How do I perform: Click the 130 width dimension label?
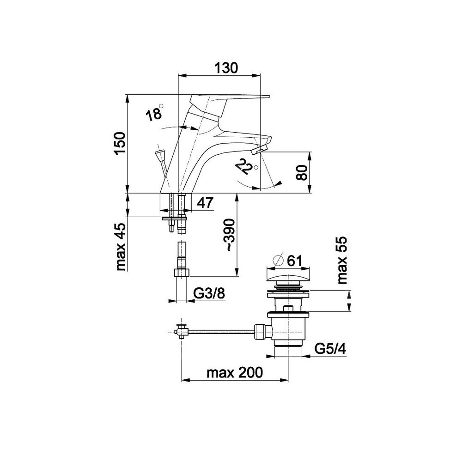coord(226,68)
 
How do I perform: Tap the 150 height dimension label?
coord(121,144)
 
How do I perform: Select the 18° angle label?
coord(154,113)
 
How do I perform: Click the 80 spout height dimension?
coord(302,173)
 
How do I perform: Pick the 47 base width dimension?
coord(205,203)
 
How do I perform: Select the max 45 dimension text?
coord(121,247)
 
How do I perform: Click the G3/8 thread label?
coord(209,293)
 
